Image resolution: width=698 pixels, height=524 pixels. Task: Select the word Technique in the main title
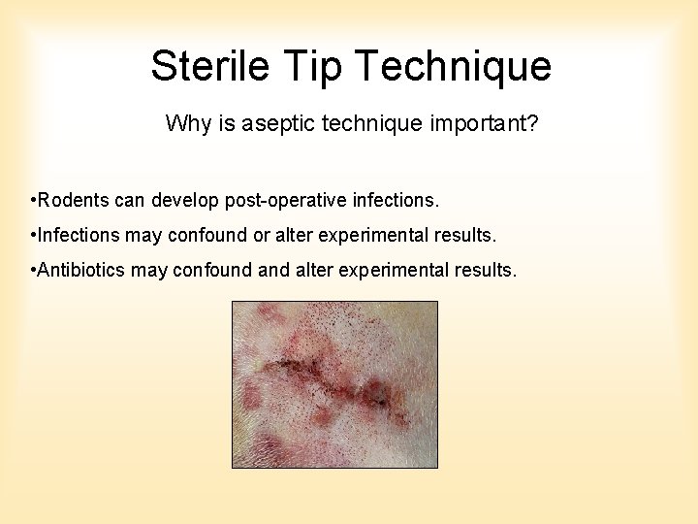pos(454,67)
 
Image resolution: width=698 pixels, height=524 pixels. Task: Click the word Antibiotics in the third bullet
pos(82,270)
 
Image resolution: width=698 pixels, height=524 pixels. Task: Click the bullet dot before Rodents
pos(33,201)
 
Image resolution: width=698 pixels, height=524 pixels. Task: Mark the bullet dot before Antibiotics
pos(33,270)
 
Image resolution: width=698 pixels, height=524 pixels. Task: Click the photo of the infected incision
pos(334,384)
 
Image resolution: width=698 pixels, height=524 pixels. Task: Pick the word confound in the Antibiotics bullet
pos(213,270)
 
